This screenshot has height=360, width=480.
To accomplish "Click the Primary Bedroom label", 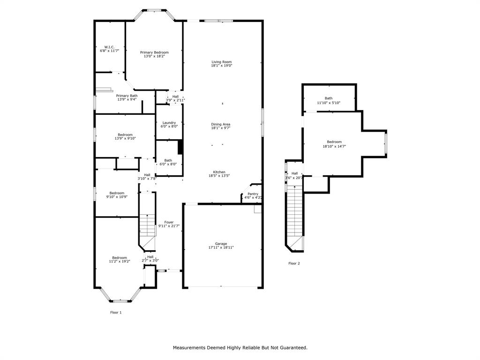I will [154, 52].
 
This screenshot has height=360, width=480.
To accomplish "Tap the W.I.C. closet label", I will [109, 47].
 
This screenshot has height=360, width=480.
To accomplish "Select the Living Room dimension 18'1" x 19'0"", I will [221, 66].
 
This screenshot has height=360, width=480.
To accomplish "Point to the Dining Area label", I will [220, 124].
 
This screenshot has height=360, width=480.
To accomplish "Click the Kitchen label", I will [219, 172].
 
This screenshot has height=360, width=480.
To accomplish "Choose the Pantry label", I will [253, 194].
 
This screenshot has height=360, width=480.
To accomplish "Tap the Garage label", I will [221, 244].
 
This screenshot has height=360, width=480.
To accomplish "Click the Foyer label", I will [169, 222].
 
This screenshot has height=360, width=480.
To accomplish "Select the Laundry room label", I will [169, 123].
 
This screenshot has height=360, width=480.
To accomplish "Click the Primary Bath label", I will [127, 96].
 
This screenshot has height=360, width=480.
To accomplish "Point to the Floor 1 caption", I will [116, 312].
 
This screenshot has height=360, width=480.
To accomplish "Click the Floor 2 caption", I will [294, 263].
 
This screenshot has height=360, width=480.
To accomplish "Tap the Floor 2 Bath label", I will [329, 98].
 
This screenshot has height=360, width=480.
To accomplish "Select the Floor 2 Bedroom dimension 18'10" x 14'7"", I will [334, 146].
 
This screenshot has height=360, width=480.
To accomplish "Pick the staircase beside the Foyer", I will [147, 225].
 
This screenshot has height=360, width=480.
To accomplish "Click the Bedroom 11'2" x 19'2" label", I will [120, 257].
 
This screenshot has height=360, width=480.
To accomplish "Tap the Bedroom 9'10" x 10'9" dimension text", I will [117, 197].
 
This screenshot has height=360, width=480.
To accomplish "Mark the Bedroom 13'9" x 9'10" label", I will [125, 135].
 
